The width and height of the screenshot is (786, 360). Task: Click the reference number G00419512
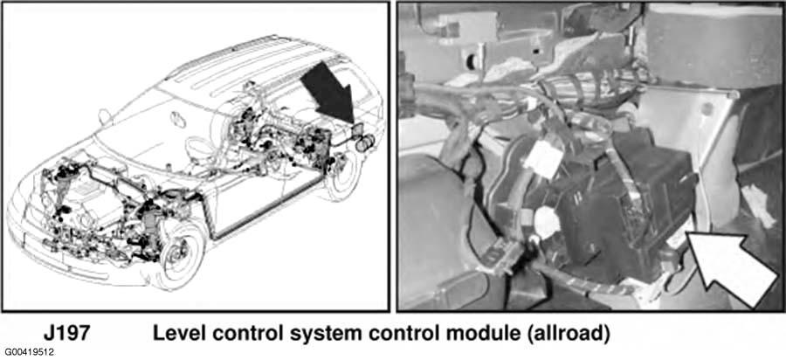click(x=30, y=352)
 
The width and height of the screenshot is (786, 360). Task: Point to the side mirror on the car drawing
click(x=105, y=117)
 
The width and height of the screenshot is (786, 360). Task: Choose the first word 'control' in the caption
click(x=239, y=333)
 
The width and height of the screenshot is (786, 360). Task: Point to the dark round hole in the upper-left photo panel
click(x=472, y=60)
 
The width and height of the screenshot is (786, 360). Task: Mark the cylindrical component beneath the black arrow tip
click(x=366, y=142)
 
